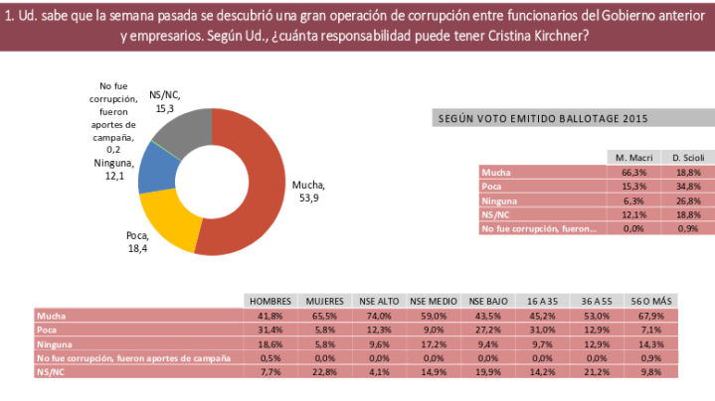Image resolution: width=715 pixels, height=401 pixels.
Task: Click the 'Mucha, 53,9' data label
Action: pos(307,191)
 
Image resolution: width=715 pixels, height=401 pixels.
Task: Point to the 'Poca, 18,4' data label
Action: pos(137,241)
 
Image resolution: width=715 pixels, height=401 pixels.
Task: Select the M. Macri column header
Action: pos(632,159)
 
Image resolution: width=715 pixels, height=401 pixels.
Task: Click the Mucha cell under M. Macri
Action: pos(632,173)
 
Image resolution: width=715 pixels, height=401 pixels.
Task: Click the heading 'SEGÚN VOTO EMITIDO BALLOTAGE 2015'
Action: pos(544,119)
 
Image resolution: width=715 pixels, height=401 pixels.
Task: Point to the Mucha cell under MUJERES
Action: pos(324,316)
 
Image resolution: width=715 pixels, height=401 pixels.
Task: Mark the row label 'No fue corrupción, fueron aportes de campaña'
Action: pos(133,357)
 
